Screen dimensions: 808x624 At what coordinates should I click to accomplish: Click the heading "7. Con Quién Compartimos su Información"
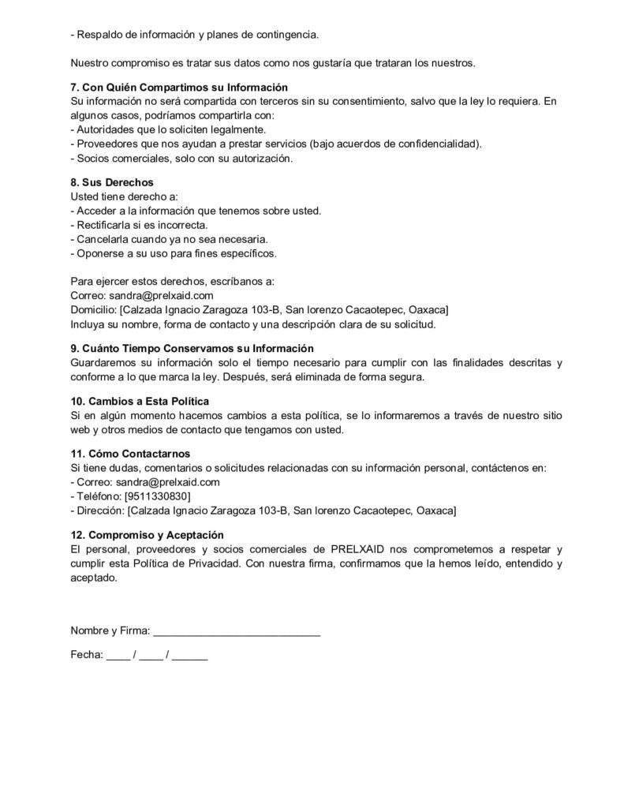(179, 88)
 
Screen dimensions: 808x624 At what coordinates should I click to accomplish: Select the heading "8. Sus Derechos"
(112, 182)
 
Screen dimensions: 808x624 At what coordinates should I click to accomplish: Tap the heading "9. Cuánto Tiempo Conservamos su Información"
(192, 348)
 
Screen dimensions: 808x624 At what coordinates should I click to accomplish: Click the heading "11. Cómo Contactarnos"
(130, 454)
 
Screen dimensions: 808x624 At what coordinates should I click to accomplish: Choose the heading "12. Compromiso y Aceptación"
(148, 534)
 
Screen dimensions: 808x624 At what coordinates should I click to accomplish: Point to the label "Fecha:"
(87, 654)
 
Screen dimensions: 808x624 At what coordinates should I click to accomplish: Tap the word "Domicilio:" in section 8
(93, 309)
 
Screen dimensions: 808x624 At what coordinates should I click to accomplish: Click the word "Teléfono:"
(98, 496)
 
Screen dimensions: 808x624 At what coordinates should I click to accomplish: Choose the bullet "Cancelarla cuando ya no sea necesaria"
(169, 239)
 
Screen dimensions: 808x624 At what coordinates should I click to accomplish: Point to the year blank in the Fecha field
(189, 656)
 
